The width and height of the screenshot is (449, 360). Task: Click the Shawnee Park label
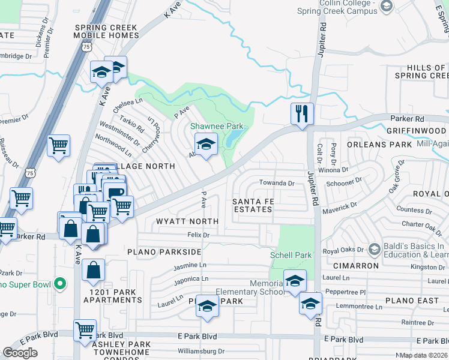[x=217, y=127]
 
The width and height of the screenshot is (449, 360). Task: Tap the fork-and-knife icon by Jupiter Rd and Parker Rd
[x=301, y=113]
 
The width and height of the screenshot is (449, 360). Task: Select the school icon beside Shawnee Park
[x=206, y=145]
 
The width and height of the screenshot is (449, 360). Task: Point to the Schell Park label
[x=291, y=255]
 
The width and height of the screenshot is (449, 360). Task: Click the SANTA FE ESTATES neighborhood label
[x=253, y=205]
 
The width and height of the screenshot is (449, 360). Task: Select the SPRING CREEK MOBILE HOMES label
[x=106, y=31]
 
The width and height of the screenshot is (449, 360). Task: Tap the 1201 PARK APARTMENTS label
[x=116, y=295]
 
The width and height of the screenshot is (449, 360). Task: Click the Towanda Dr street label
[x=276, y=183]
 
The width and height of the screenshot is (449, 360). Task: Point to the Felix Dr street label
[x=198, y=235]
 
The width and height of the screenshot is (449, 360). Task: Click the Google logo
[x=20, y=353]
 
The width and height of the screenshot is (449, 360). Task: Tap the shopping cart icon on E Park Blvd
[x=85, y=329]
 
